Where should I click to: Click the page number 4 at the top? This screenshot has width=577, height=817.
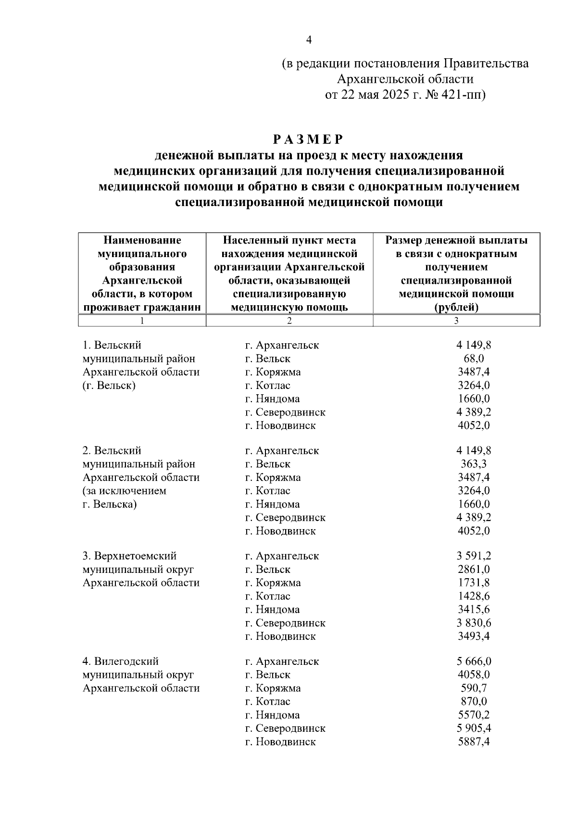click(x=309, y=40)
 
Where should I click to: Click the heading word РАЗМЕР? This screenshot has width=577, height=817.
click(x=309, y=140)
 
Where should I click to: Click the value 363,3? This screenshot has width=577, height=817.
click(x=474, y=464)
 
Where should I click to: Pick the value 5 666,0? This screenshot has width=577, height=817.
click(x=474, y=661)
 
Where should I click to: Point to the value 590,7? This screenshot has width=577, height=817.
click(x=474, y=688)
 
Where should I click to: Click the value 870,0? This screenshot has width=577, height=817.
click(x=474, y=701)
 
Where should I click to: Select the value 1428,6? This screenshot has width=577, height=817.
click(x=474, y=596)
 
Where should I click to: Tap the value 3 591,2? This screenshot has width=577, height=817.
click(x=474, y=556)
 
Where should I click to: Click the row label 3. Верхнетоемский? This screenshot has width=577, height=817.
click(x=129, y=556)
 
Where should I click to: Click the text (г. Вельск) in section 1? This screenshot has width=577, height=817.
click(x=109, y=386)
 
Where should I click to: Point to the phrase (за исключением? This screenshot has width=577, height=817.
click(x=125, y=491)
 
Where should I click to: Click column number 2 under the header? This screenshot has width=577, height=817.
click(x=289, y=321)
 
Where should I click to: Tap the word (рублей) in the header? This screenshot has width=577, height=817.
click(x=456, y=307)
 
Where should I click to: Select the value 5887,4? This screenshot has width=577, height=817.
click(x=474, y=742)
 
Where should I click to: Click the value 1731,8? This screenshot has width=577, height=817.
click(x=474, y=583)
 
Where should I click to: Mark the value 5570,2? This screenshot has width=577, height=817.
click(x=474, y=715)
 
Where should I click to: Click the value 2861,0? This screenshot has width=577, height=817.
click(x=474, y=570)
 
